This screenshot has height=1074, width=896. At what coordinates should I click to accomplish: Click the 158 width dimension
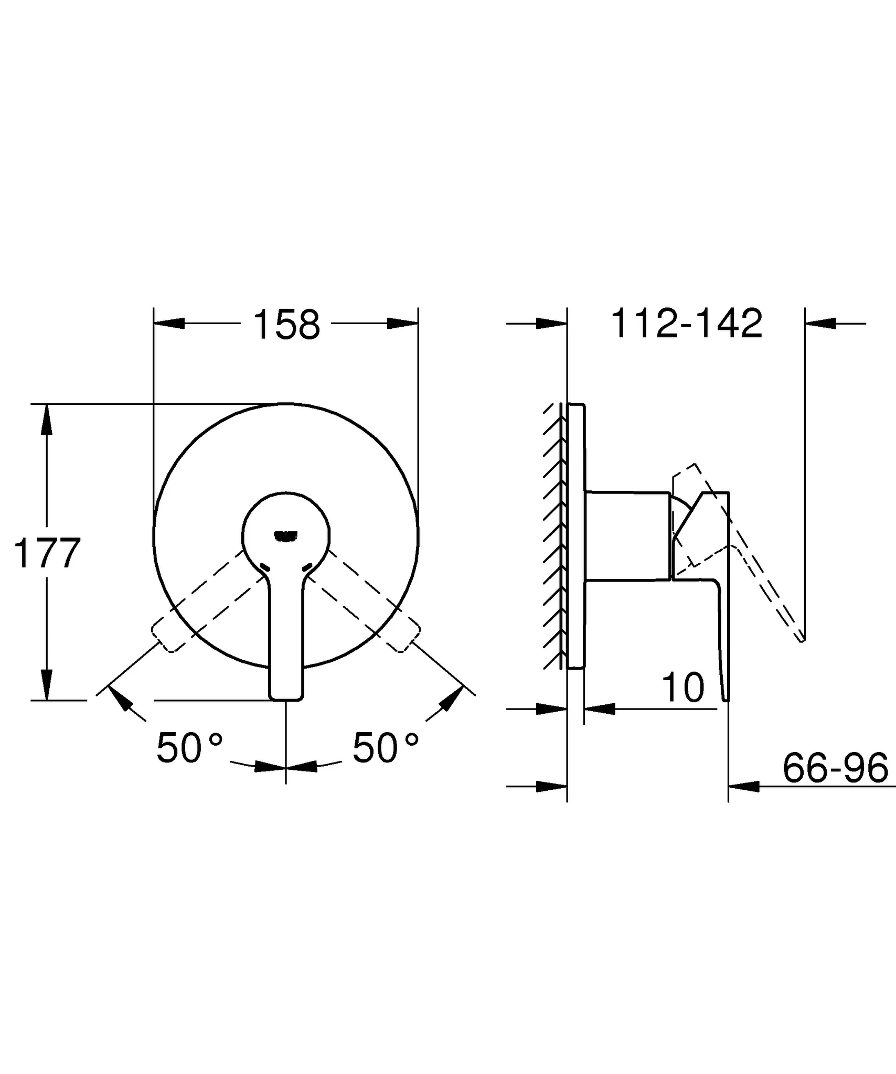286,325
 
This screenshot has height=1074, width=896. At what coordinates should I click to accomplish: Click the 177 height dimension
47,554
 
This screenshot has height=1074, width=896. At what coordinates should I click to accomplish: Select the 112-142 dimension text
687,324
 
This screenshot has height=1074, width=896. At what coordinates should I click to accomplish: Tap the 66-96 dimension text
835,768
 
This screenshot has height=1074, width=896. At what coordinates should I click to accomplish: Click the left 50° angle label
189,748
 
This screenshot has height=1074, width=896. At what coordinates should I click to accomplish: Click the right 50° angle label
386,748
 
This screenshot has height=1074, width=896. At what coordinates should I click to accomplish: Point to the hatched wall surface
554,535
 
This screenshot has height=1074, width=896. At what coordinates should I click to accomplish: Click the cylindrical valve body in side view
628,536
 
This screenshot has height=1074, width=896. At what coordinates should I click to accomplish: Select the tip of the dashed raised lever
802,639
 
